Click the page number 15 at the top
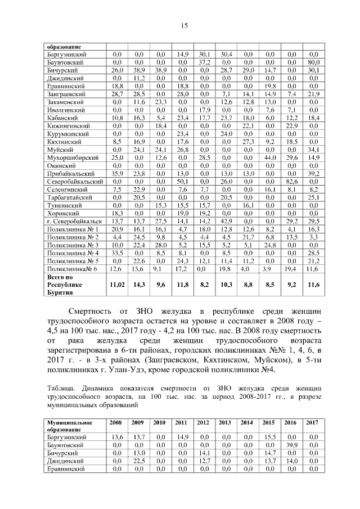(183, 25)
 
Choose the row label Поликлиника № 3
(73, 245)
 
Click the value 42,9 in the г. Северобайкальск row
(226, 222)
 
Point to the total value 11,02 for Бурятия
(118, 285)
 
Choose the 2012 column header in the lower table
(204, 422)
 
